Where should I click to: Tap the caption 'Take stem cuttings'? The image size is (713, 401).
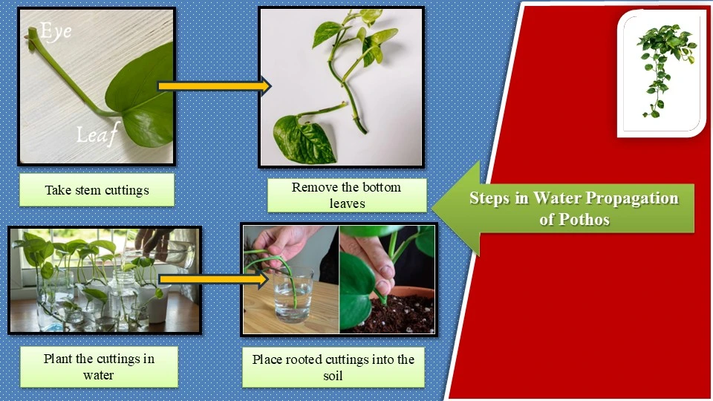97,190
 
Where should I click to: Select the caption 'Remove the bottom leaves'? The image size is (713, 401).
346,195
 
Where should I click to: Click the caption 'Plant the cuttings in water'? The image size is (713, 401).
99,367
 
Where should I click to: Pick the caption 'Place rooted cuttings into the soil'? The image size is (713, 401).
333,367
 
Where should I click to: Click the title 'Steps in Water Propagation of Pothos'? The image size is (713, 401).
573,209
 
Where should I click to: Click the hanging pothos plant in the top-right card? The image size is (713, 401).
663,67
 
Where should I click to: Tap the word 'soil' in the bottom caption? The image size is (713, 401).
333,375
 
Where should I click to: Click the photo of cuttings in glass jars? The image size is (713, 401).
105,280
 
